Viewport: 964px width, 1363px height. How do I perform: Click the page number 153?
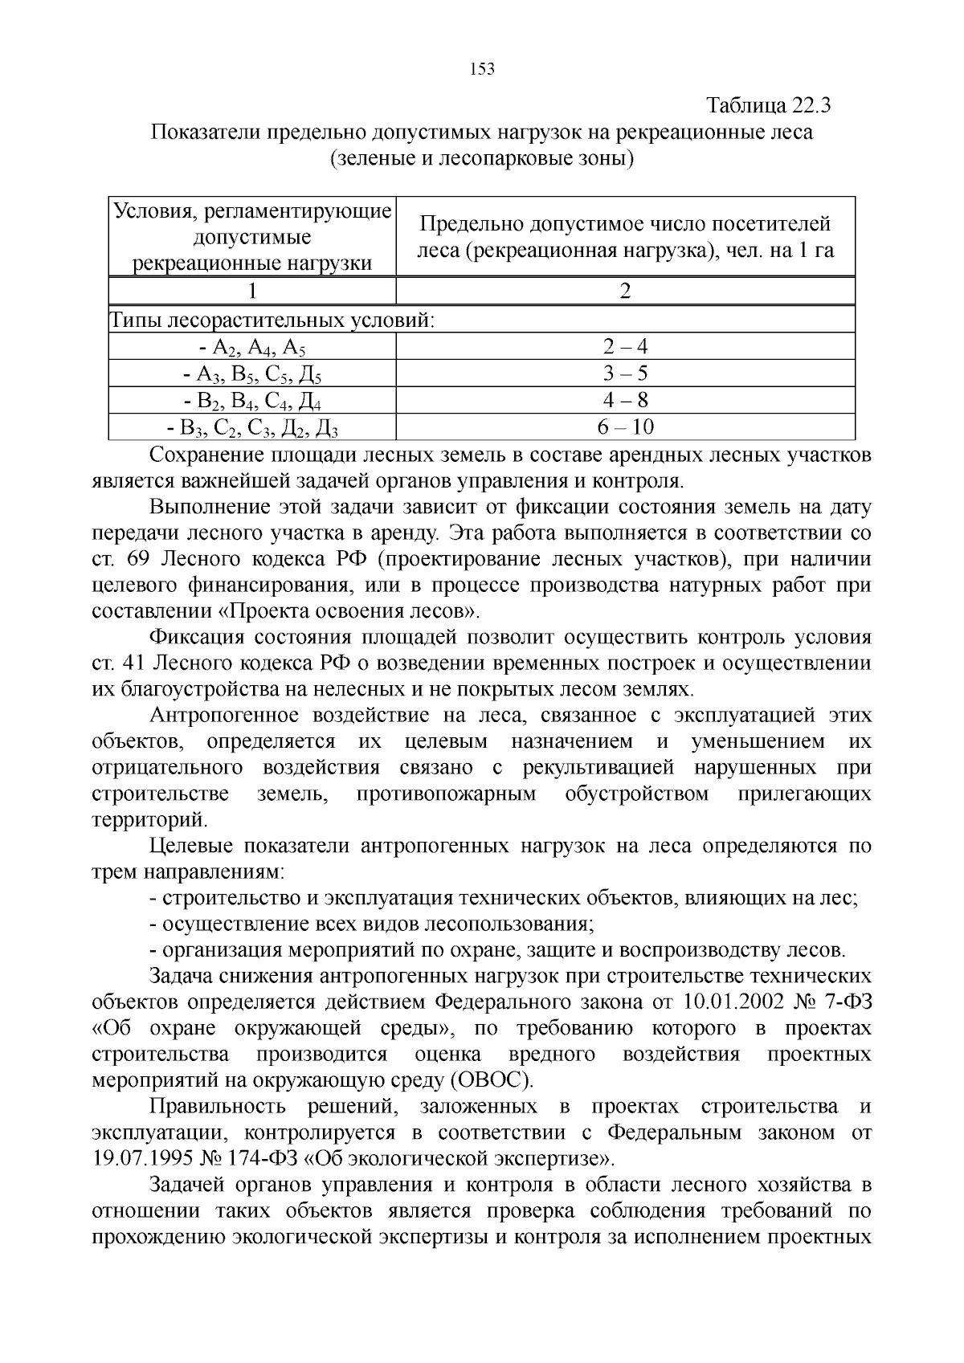click(x=481, y=69)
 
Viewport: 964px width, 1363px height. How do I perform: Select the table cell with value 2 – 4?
click(x=625, y=346)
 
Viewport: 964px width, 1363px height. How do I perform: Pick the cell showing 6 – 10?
click(x=625, y=426)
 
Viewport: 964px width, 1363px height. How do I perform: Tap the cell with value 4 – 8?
click(x=625, y=400)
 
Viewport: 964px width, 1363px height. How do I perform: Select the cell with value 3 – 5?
click(x=625, y=373)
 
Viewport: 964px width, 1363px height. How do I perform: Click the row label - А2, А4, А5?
click(x=252, y=348)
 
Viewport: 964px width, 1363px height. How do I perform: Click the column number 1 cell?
click(x=252, y=291)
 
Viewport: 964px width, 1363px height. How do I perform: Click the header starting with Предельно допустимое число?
click(x=625, y=237)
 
